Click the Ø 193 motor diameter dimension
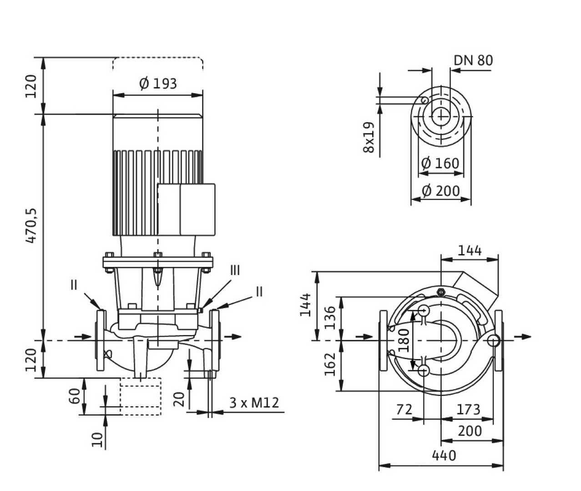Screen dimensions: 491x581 157,84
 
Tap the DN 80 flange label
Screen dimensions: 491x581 473,60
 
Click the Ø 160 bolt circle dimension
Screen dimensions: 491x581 440,163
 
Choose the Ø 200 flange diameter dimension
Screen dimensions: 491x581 440,190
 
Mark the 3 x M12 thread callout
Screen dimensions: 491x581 253,403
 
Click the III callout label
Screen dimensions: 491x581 234,271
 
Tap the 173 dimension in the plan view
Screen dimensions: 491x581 468,410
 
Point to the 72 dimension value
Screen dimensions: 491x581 404,410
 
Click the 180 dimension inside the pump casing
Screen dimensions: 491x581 404,340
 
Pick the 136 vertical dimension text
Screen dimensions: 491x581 331,317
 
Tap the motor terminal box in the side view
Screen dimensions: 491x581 186,209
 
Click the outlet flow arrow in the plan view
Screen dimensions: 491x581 523,336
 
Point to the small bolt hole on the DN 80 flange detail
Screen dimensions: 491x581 424,100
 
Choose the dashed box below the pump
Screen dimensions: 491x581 141,396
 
